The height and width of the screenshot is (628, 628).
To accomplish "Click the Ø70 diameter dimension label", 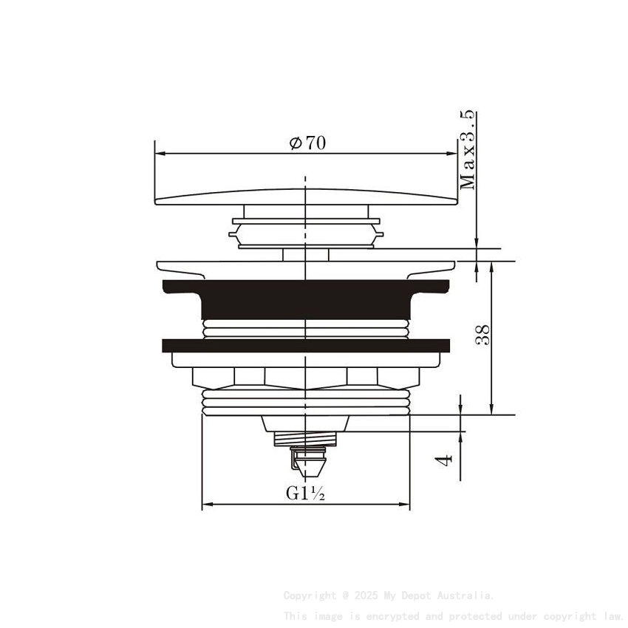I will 307,143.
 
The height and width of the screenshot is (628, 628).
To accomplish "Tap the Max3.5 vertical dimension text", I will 468,151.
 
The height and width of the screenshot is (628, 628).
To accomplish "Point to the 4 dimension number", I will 443,460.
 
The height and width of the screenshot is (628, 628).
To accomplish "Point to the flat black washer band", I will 305,345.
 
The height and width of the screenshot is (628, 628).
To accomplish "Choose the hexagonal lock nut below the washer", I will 305,377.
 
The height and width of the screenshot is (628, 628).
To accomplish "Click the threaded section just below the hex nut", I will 305,403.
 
